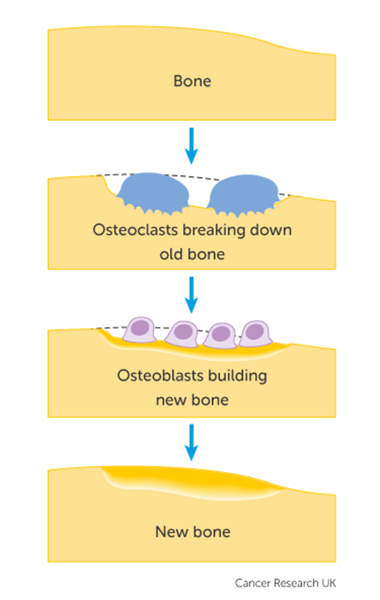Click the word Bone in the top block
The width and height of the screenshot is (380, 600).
pyautogui.click(x=192, y=81)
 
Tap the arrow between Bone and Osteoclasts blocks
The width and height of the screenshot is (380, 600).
pyautogui.click(x=191, y=145)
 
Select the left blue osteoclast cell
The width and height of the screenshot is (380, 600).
pyautogui.click(x=153, y=193)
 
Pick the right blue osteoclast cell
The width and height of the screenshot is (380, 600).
pyautogui.click(x=243, y=195)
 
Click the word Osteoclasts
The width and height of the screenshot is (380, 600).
pyautogui.click(x=135, y=230)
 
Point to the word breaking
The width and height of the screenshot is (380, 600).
pyautogui.click(x=214, y=230)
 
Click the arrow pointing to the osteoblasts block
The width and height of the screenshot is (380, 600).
pyautogui.click(x=191, y=295)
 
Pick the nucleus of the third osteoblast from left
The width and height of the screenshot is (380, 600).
pyautogui.click(x=221, y=333)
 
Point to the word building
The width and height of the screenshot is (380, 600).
pyautogui.click(x=232, y=377)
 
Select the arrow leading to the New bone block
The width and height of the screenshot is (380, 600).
pyautogui.click(x=191, y=442)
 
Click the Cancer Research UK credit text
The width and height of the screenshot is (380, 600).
pyautogui.click(x=285, y=583)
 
